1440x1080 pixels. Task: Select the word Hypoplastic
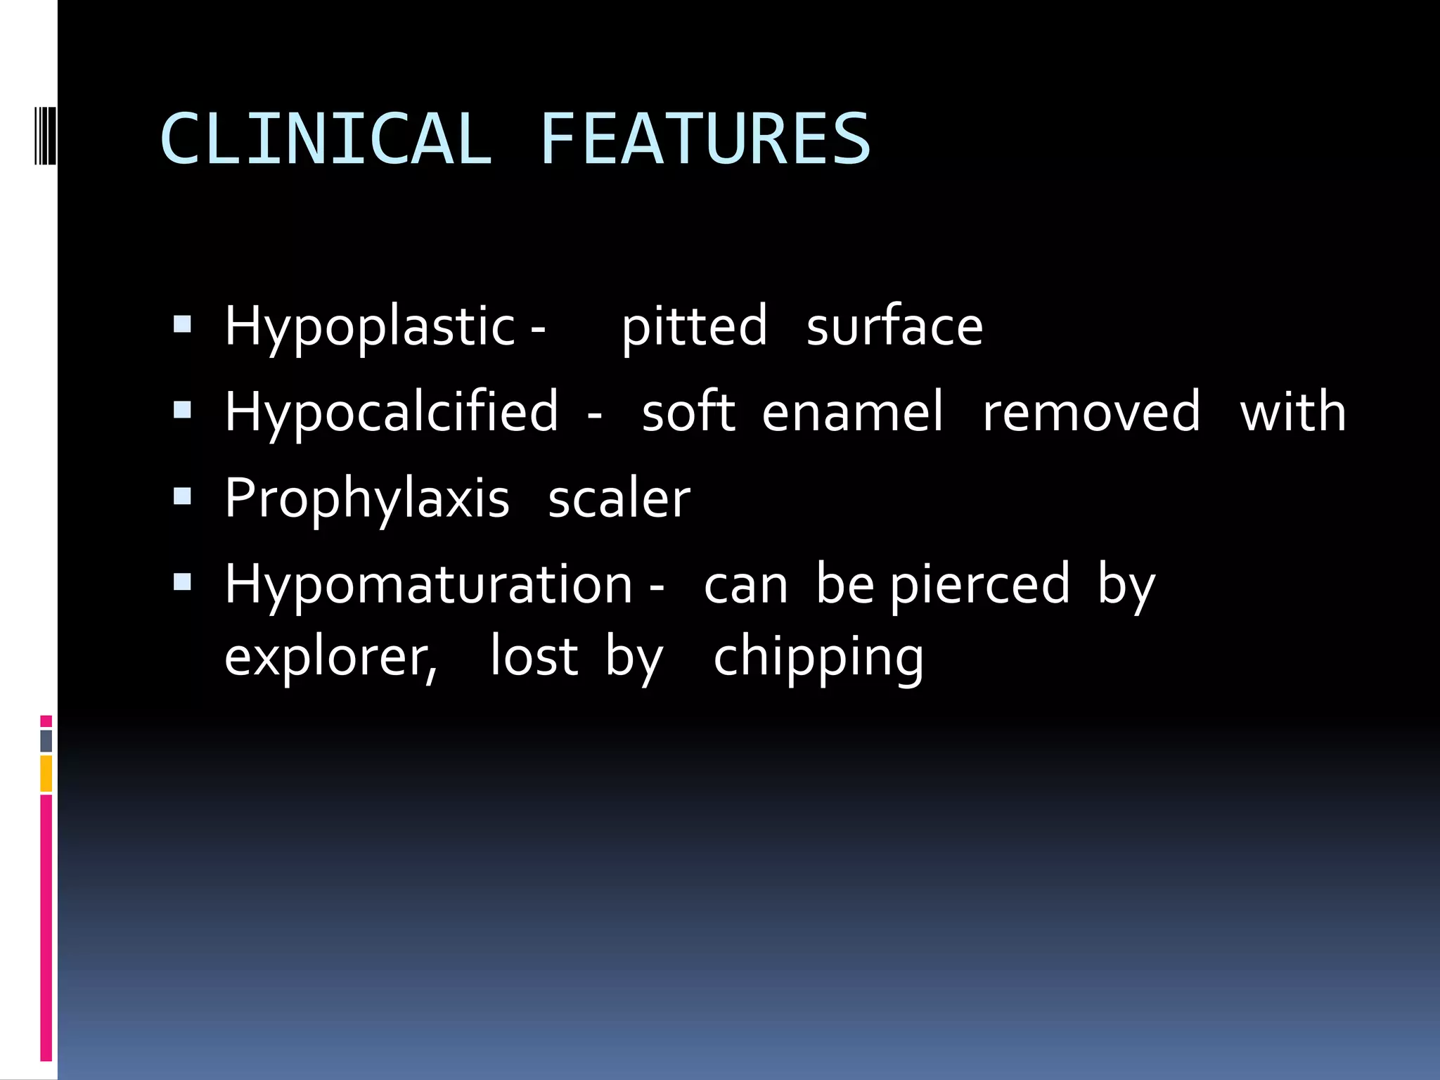tap(370, 327)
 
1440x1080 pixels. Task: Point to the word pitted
tap(694, 327)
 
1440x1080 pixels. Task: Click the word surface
tap(894, 327)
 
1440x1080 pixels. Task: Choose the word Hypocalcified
tap(392, 413)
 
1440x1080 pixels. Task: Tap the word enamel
tap(852, 413)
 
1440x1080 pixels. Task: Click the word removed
tap(1091, 413)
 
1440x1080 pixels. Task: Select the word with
tap(1292, 413)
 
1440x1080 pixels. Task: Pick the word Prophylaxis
tap(366, 499)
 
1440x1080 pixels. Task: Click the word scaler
tap(619, 499)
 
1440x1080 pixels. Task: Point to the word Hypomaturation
tap(428, 585)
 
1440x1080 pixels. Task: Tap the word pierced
tap(979, 585)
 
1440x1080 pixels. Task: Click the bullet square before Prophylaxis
tap(182, 496)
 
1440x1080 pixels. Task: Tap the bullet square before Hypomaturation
tap(182, 582)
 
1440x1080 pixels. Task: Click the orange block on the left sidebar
tap(46, 773)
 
